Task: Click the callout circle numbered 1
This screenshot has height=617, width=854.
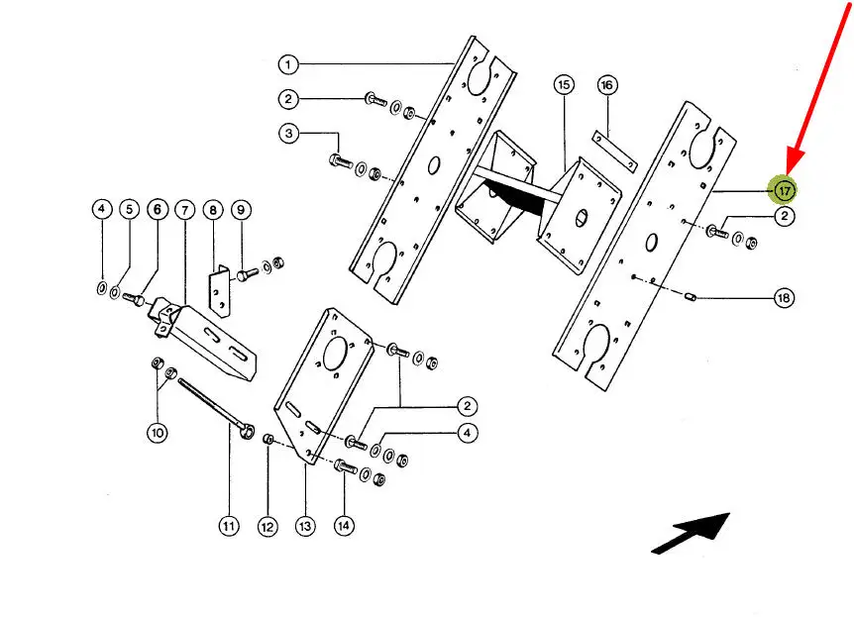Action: pyautogui.click(x=288, y=65)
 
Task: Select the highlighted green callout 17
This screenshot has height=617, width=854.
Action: pyautogui.click(x=785, y=189)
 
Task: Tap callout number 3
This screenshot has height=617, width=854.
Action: pyautogui.click(x=288, y=132)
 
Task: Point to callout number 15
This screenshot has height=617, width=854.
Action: pyautogui.click(x=564, y=85)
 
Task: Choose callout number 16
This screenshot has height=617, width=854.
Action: pyautogui.click(x=607, y=85)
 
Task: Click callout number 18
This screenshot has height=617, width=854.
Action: pyautogui.click(x=784, y=298)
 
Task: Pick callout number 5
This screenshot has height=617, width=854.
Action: pyautogui.click(x=128, y=210)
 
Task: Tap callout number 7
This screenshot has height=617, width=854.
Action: pyautogui.click(x=185, y=210)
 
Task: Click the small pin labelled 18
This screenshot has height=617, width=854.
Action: pyautogui.click(x=692, y=294)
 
